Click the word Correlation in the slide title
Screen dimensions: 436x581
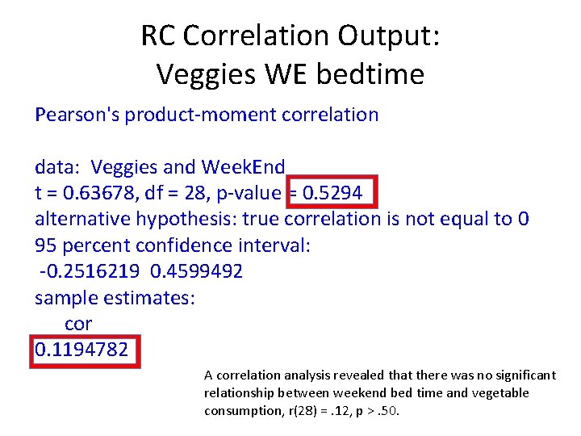click(256, 36)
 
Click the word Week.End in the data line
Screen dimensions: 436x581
click(243, 167)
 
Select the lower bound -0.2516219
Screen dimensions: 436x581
click(86, 270)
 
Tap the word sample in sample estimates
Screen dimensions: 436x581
click(66, 297)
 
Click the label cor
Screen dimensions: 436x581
click(77, 323)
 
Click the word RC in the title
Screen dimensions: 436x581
click(158, 36)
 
